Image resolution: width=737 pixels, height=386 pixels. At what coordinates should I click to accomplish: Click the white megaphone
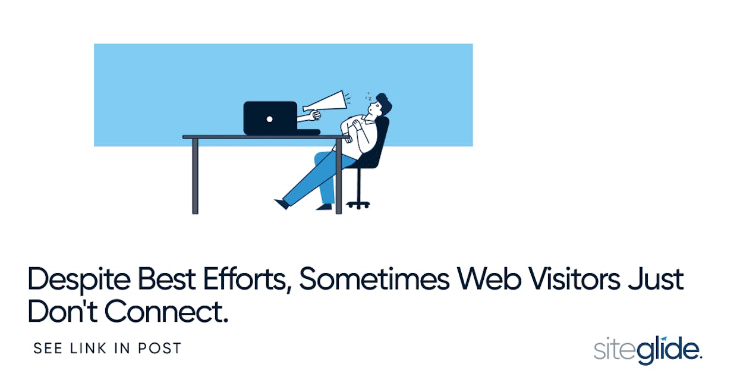[326, 102]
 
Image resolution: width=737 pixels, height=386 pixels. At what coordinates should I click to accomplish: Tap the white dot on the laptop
[269, 119]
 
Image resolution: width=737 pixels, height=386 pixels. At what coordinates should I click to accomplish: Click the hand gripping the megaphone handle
[315, 115]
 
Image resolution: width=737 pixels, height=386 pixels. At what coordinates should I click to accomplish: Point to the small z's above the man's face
[369, 96]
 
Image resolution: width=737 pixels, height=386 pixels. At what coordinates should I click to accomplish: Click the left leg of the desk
[195, 176]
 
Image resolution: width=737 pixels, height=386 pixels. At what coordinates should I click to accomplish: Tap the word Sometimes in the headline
[374, 278]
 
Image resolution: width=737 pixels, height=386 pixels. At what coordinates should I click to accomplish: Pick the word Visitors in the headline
[574, 278]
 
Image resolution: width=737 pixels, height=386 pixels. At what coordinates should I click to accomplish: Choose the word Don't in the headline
[62, 310]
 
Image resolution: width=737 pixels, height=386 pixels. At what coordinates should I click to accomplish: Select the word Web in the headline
[489, 278]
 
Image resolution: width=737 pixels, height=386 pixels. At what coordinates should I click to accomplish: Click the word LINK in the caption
[89, 348]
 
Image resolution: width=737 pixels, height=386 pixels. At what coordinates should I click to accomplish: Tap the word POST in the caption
[159, 348]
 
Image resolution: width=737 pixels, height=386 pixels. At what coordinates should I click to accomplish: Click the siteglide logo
[648, 350]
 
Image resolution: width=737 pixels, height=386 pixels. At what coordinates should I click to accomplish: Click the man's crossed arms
[354, 126]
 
